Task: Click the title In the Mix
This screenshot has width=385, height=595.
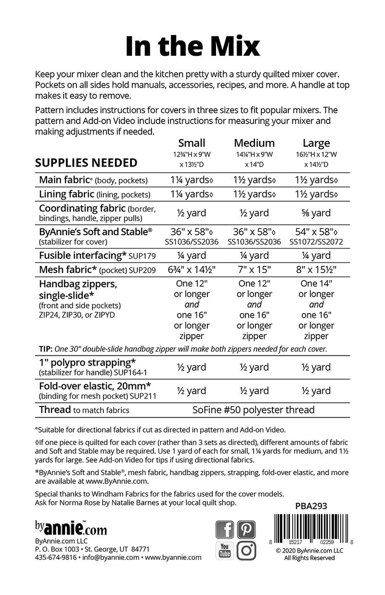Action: click(192, 46)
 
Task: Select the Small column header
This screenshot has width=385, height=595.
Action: click(192, 143)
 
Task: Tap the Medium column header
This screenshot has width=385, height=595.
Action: click(254, 143)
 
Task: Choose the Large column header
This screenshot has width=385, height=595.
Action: click(316, 143)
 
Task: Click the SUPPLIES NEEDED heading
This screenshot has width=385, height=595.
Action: click(86, 163)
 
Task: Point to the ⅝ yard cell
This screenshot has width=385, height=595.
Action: click(316, 213)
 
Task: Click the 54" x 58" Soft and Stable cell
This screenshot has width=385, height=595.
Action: click(315, 232)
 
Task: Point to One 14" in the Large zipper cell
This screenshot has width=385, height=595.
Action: click(316, 283)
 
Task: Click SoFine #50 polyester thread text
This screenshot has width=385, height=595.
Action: click(254, 410)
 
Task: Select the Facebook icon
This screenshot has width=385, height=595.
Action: click(225, 530)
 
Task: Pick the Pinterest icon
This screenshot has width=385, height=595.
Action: click(247, 530)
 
